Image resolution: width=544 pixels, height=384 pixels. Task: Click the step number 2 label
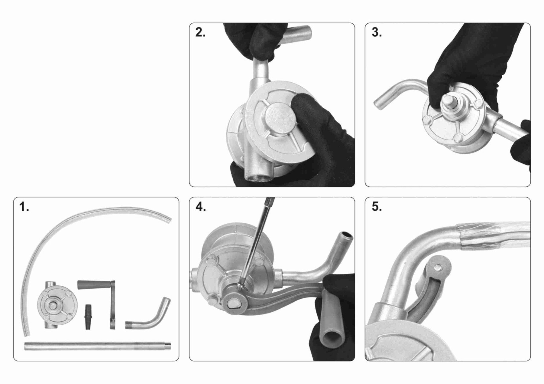pos(200,33)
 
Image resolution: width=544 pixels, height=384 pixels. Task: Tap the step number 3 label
pos(376,33)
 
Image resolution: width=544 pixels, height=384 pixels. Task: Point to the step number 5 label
pos(376,207)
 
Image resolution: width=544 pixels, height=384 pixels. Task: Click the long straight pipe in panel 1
pos(97,346)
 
